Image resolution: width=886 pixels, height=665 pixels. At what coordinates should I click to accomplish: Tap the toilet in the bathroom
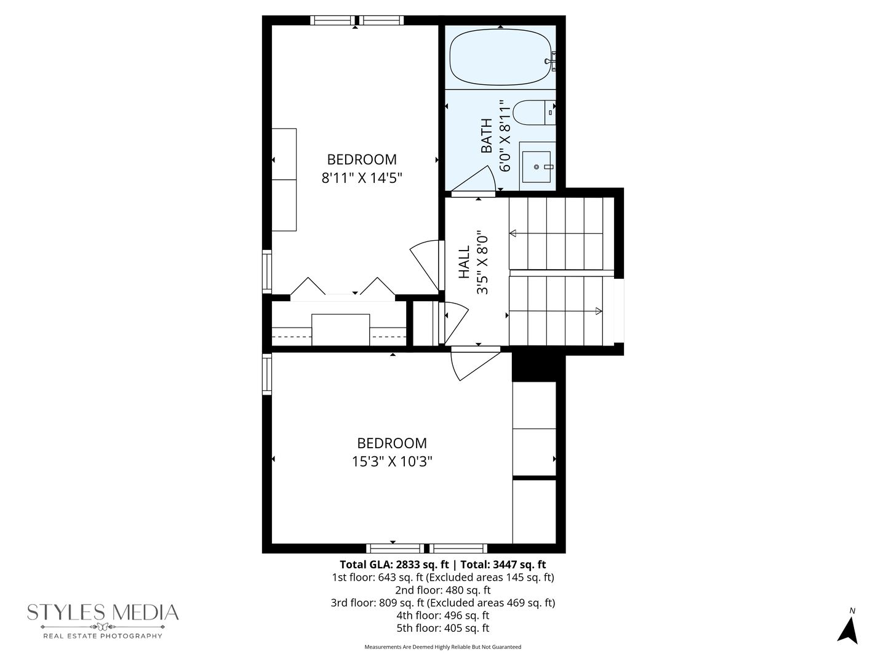pos(533,113)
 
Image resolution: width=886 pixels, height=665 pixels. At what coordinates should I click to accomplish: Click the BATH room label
pos(487,136)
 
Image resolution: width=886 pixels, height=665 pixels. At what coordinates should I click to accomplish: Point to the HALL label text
pos(465,262)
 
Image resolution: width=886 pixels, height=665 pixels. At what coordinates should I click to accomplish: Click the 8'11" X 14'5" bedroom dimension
pos(362,179)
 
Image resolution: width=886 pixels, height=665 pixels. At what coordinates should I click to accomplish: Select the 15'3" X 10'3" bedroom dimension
pos(392,462)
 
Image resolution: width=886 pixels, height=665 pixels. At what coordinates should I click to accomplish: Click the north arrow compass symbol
pos(848,628)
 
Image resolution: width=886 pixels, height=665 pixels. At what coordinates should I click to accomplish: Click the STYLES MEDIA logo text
pos(103,613)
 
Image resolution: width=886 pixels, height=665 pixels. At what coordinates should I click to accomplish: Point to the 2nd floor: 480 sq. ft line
pos(442,590)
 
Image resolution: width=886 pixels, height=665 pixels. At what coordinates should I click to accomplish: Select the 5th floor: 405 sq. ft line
pos(442,628)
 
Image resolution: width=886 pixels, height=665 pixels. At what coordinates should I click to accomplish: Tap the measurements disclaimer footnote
pos(442,647)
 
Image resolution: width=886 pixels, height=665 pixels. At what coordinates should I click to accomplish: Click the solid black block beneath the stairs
pos(538,367)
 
